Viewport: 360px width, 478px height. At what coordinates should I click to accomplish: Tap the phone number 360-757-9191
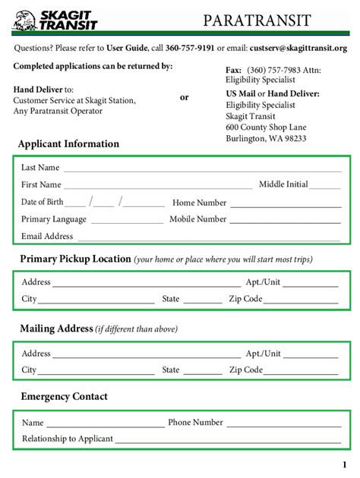click(x=190, y=48)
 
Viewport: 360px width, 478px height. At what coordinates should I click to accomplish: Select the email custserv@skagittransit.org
click(x=298, y=48)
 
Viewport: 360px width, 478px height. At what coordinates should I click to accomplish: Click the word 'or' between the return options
click(x=184, y=97)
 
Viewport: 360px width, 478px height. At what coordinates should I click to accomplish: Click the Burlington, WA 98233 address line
click(x=266, y=139)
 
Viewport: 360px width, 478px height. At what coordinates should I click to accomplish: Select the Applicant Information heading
click(x=68, y=144)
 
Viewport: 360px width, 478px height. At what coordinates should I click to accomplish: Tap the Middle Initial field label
click(x=283, y=184)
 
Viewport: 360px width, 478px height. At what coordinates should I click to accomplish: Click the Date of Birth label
click(x=42, y=203)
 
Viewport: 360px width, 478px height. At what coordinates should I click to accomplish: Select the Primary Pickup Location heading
click(x=76, y=259)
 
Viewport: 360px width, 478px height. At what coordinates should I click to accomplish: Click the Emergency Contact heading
click(x=64, y=397)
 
